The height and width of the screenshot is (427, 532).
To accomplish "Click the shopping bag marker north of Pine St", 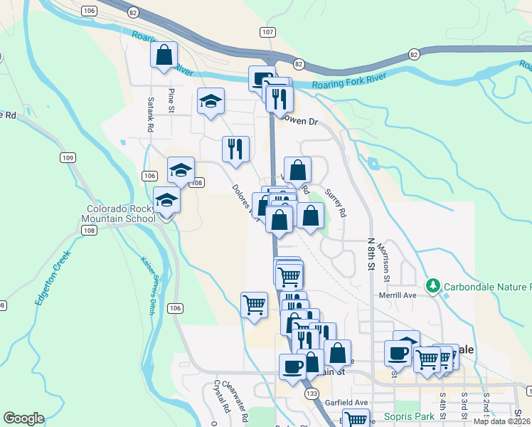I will click(x=164, y=56).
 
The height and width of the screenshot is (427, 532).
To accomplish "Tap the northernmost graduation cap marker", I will click(x=211, y=101).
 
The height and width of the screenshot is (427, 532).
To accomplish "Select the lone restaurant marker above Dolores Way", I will click(x=235, y=149).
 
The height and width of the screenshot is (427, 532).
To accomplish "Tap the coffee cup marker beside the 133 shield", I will click(x=292, y=367).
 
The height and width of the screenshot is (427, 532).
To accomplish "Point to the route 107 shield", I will click(x=267, y=33).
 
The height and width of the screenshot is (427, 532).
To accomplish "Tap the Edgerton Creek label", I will click(x=53, y=277).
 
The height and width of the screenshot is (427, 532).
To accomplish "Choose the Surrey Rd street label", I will click(x=335, y=202).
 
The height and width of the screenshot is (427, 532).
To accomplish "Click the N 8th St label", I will click(x=371, y=253).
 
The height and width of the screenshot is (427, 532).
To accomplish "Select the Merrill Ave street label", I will click(x=396, y=295).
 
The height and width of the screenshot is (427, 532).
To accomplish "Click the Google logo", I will click(x=23, y=418).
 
